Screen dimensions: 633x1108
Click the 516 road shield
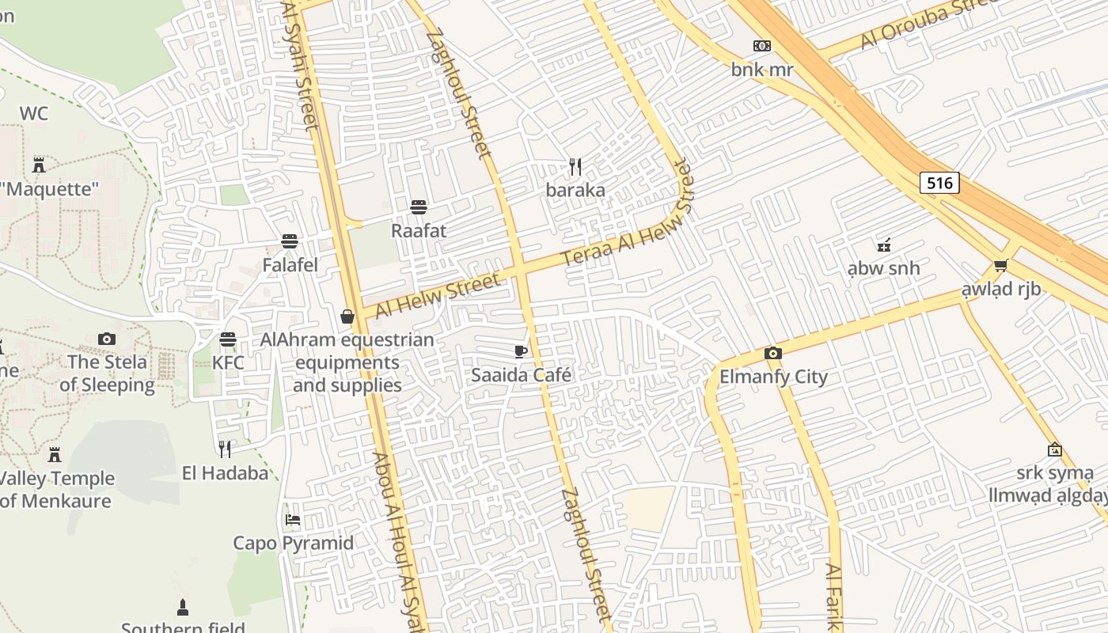click(939, 183)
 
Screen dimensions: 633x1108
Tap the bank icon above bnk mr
click(762, 46)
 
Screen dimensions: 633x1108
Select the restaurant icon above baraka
click(575, 166)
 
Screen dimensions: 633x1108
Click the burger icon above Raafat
click(419, 207)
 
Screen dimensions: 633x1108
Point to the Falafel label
click(290, 265)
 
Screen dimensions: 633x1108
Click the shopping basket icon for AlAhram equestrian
click(347, 316)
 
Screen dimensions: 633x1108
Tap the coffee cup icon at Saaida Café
click(520, 351)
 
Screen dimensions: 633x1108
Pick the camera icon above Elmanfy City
click(773, 353)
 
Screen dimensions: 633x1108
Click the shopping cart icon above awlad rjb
click(1000, 265)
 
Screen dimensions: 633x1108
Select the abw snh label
click(883, 268)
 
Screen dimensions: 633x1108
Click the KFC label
click(228, 363)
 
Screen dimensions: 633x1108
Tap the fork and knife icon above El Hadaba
click(225, 449)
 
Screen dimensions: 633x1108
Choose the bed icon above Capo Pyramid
click(293, 520)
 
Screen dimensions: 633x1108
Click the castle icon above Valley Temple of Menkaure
click(55, 455)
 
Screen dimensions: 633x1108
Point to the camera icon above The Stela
click(107, 339)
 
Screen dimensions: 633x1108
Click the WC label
click(34, 113)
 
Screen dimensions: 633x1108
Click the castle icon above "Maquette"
click(39, 165)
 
